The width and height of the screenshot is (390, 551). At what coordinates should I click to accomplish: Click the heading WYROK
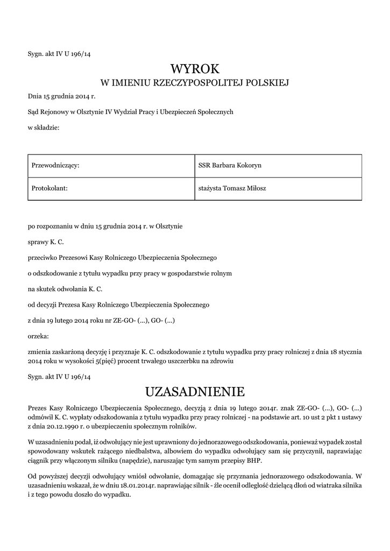click(195, 69)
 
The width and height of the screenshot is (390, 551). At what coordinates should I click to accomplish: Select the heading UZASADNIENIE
click(195, 390)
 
